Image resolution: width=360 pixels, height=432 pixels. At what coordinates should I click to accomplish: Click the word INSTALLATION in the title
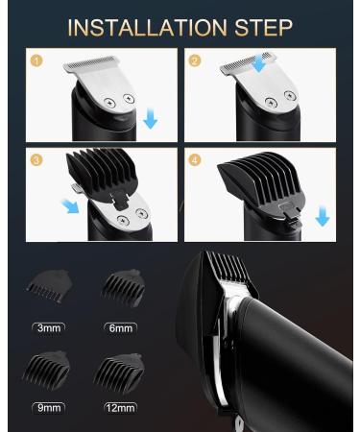click(147, 28)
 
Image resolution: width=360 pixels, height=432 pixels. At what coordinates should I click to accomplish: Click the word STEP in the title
click(263, 28)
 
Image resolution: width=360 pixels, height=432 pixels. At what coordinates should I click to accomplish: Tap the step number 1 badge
click(36, 60)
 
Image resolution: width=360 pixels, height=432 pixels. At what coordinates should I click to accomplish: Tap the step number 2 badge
click(195, 60)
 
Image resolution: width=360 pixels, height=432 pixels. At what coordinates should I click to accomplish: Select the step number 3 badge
click(36, 159)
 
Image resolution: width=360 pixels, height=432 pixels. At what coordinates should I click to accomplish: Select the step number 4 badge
click(195, 159)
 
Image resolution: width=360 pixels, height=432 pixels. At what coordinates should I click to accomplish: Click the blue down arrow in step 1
click(151, 119)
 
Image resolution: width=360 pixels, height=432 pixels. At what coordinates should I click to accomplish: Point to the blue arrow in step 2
click(259, 61)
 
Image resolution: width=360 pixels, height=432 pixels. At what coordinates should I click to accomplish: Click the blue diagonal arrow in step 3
click(70, 206)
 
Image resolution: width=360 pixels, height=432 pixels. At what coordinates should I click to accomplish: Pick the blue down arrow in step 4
click(323, 217)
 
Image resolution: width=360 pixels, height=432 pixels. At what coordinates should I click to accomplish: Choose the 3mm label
click(49, 328)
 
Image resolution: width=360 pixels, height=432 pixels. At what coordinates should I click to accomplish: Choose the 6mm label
click(121, 328)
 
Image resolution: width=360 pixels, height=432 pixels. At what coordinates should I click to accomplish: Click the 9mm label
click(49, 408)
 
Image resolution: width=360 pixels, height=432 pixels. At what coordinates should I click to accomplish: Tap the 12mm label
click(121, 408)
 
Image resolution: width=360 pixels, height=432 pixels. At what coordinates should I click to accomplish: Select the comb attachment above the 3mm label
click(48, 286)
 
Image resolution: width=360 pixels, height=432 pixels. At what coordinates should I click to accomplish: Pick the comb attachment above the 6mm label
click(123, 288)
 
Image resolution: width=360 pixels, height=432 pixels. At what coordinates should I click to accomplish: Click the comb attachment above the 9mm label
click(46, 370)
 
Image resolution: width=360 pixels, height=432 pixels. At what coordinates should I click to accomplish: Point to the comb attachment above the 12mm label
click(119, 372)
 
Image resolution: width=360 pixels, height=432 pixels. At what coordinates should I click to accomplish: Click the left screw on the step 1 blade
click(109, 103)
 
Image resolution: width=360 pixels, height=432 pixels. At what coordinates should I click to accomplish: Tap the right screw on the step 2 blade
click(290, 95)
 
